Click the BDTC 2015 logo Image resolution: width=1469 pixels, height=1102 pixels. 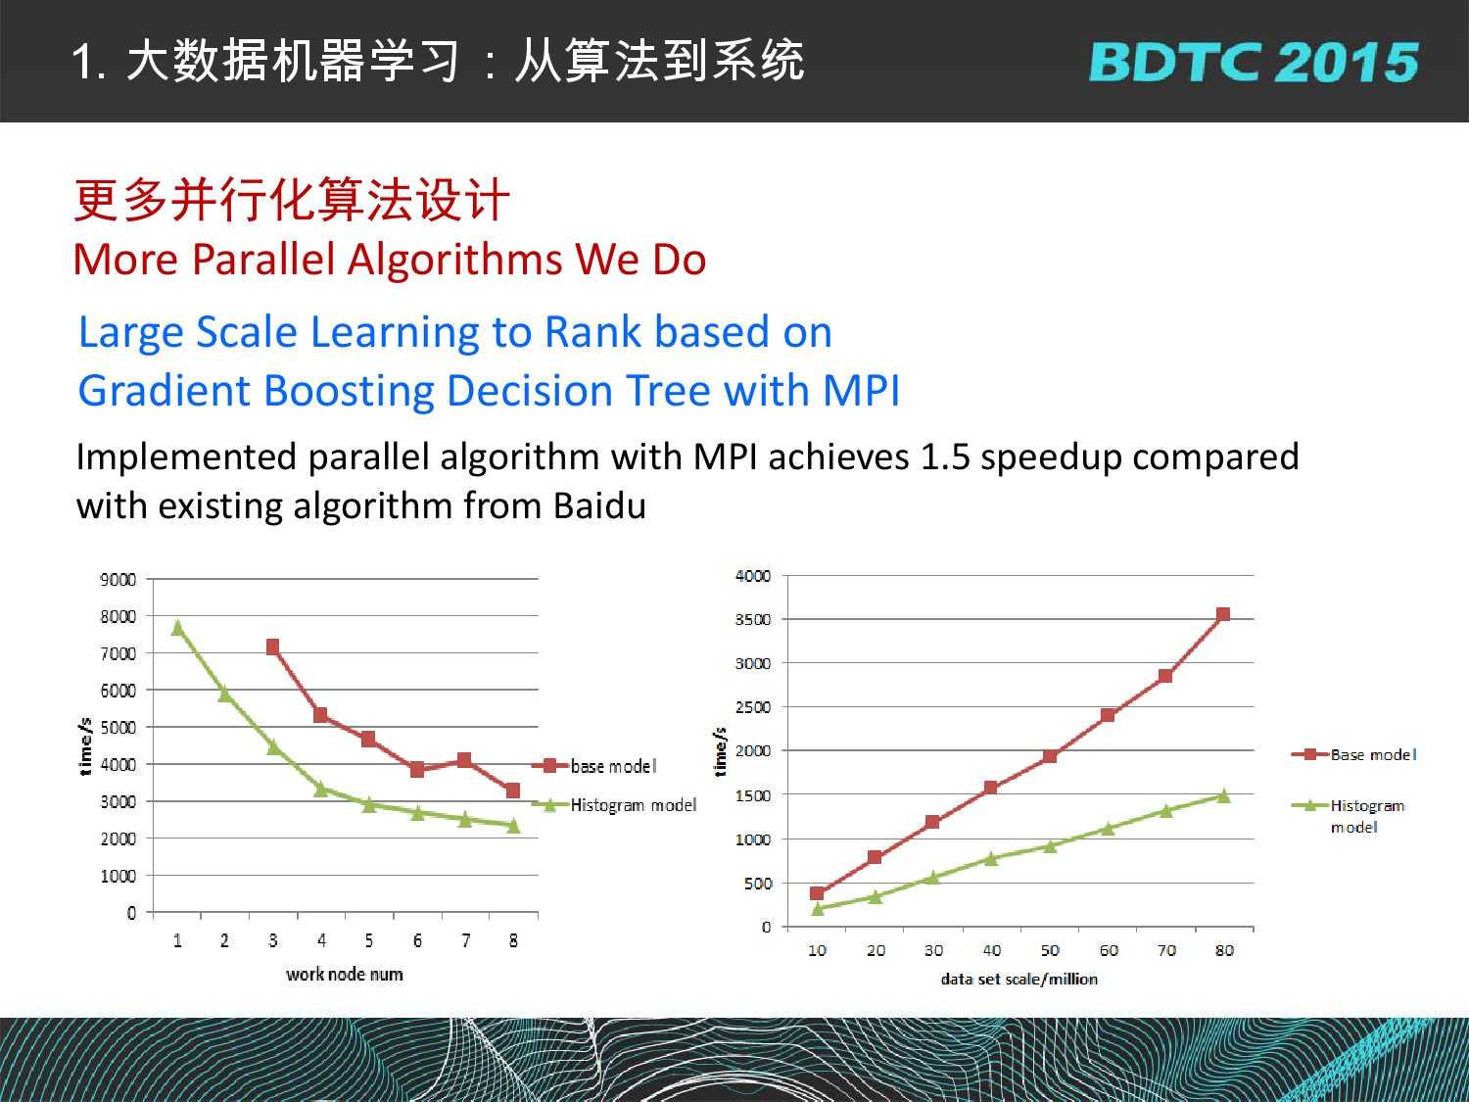pos(1254,63)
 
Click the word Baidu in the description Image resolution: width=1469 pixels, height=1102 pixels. pos(599,505)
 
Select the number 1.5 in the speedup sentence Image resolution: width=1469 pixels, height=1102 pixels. pos(945,457)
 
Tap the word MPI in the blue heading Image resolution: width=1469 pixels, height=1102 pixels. pos(861,390)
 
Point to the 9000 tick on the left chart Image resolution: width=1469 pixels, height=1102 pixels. pos(118,580)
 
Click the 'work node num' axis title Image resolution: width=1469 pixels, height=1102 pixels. pos(345,975)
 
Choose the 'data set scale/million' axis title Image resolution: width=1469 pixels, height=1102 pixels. pos(1019,979)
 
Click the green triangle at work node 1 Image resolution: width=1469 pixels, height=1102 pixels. pos(177,628)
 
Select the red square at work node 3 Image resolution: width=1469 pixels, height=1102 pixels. pos(272,647)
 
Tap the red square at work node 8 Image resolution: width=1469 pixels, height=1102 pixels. pos(513,791)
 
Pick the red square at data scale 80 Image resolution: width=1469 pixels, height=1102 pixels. pos(1223,614)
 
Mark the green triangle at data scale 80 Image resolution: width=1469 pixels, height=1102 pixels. pos(1223,795)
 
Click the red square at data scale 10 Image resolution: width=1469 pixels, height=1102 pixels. pos(817,893)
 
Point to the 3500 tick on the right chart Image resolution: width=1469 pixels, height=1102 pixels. pos(753,620)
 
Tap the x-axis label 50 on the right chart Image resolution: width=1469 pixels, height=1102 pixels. pos(1050,951)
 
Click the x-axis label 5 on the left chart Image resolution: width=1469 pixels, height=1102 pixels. pos(369,940)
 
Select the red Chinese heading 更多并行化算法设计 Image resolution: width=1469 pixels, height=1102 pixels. pos(292,200)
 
